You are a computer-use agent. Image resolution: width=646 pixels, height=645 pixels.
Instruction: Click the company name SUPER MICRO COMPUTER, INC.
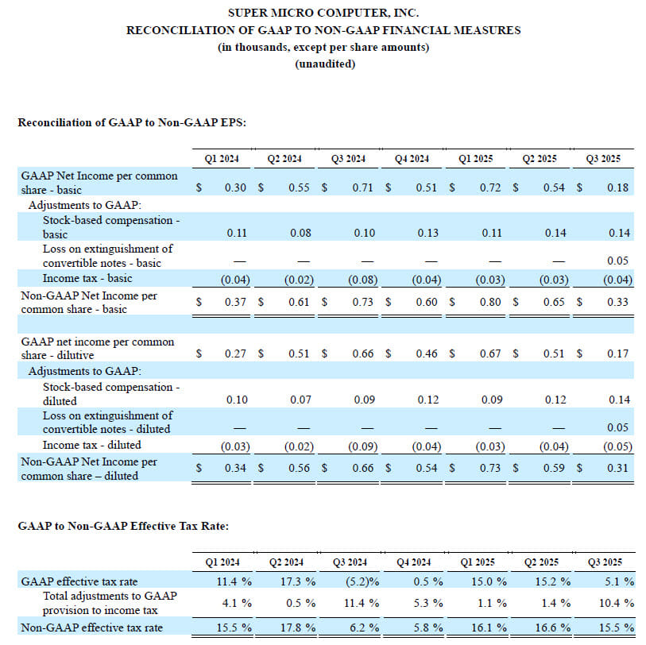[323, 13]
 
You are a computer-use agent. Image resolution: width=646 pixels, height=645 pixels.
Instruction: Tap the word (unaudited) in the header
[325, 64]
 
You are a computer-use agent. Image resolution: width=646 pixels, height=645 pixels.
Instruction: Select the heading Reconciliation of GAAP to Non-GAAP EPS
[132, 122]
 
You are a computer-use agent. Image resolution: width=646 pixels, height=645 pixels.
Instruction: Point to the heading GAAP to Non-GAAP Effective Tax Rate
[123, 526]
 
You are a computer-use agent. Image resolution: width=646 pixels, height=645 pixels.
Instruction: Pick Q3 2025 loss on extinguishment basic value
[617, 261]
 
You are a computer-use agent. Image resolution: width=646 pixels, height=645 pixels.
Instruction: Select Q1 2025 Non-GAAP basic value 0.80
[490, 302]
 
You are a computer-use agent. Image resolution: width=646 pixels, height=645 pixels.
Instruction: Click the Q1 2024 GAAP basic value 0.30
[235, 187]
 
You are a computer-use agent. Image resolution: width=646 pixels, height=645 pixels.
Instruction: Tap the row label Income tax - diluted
[92, 445]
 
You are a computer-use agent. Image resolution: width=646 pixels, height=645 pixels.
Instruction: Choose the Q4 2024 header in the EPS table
[412, 159]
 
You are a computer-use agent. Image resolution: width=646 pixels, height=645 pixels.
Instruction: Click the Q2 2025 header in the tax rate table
[541, 562]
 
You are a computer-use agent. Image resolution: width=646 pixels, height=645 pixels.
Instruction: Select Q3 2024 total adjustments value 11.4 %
[362, 603]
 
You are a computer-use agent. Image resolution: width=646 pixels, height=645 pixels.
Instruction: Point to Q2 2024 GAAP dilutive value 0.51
[299, 353]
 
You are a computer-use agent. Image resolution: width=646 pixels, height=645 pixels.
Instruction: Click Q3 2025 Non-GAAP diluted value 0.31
[617, 468]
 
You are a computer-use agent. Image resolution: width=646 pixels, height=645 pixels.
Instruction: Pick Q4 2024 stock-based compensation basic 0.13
[428, 233]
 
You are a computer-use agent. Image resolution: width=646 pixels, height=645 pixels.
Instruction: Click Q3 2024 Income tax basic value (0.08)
[363, 280]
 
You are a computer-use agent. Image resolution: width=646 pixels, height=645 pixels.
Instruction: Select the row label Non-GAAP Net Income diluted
[89, 469]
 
